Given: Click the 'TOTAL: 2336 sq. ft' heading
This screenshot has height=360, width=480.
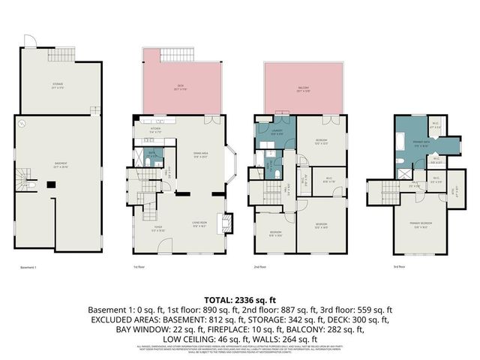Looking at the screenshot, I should [x=239, y=298].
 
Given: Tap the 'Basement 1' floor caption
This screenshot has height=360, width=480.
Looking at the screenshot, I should [x=29, y=266].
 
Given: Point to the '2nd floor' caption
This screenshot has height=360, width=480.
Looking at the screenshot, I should [x=259, y=266].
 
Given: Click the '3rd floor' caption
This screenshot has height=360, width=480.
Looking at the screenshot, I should [x=400, y=266].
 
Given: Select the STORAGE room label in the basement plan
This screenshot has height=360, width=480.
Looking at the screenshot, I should [x=58, y=85].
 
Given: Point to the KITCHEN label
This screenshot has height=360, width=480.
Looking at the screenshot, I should [x=156, y=130].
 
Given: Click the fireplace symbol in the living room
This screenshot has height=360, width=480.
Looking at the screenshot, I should [x=223, y=223].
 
